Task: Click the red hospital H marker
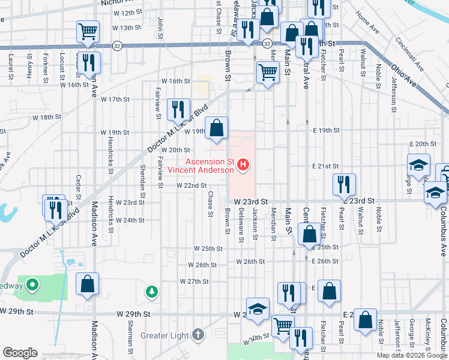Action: [243, 164]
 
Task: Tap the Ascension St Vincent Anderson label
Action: [209, 166]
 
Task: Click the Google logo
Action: [20, 352]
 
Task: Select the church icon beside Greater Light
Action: [199, 335]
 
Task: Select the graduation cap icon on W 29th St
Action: [258, 308]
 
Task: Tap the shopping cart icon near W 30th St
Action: [283, 326]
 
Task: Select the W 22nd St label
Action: [191, 185]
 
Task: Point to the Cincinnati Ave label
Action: [409, 55]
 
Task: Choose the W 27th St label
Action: [194, 281]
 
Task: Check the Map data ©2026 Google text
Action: [411, 355]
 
